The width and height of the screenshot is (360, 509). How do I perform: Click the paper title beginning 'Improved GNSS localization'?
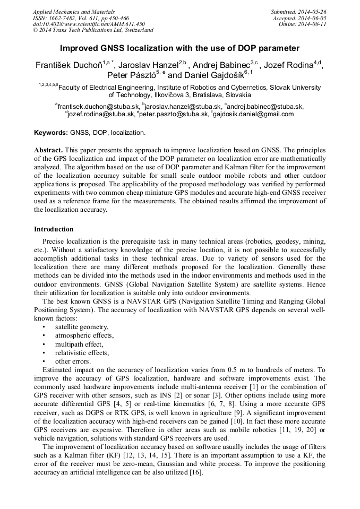click(179, 48)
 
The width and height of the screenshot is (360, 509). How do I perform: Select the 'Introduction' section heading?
click(54, 229)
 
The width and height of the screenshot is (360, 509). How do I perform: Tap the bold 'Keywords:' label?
click(50, 132)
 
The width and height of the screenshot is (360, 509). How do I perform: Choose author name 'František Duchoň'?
click(68, 66)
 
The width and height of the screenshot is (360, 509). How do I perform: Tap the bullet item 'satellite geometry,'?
click(82, 327)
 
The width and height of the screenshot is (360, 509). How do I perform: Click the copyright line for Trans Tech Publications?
click(93, 30)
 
